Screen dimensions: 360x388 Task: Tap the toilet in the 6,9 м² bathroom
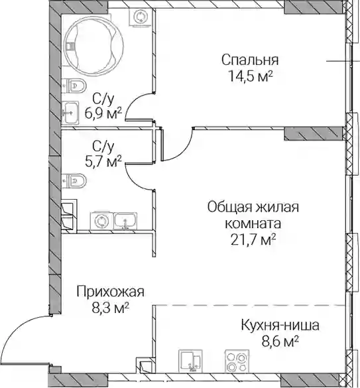[74, 86]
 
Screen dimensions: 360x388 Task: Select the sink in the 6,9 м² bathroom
[70, 113]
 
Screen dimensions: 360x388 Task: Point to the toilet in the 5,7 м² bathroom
[74, 180]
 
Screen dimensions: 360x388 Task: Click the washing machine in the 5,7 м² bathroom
[101, 220]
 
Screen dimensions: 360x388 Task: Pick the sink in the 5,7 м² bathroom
[125, 221]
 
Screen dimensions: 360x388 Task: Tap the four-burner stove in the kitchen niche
[237, 361]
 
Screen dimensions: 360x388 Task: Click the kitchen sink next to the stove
[190, 361]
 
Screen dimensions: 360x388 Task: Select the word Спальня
[250, 60]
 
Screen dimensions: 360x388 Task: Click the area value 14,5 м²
[251, 76]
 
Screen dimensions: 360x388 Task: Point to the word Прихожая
[110, 292]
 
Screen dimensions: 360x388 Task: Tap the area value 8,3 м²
[111, 308]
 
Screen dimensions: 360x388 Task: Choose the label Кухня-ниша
[280, 326]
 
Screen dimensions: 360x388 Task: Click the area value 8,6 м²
[280, 342]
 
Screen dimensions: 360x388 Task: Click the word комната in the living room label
[253, 224]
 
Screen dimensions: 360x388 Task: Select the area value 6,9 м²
[103, 114]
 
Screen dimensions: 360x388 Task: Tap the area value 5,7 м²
[103, 161]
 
